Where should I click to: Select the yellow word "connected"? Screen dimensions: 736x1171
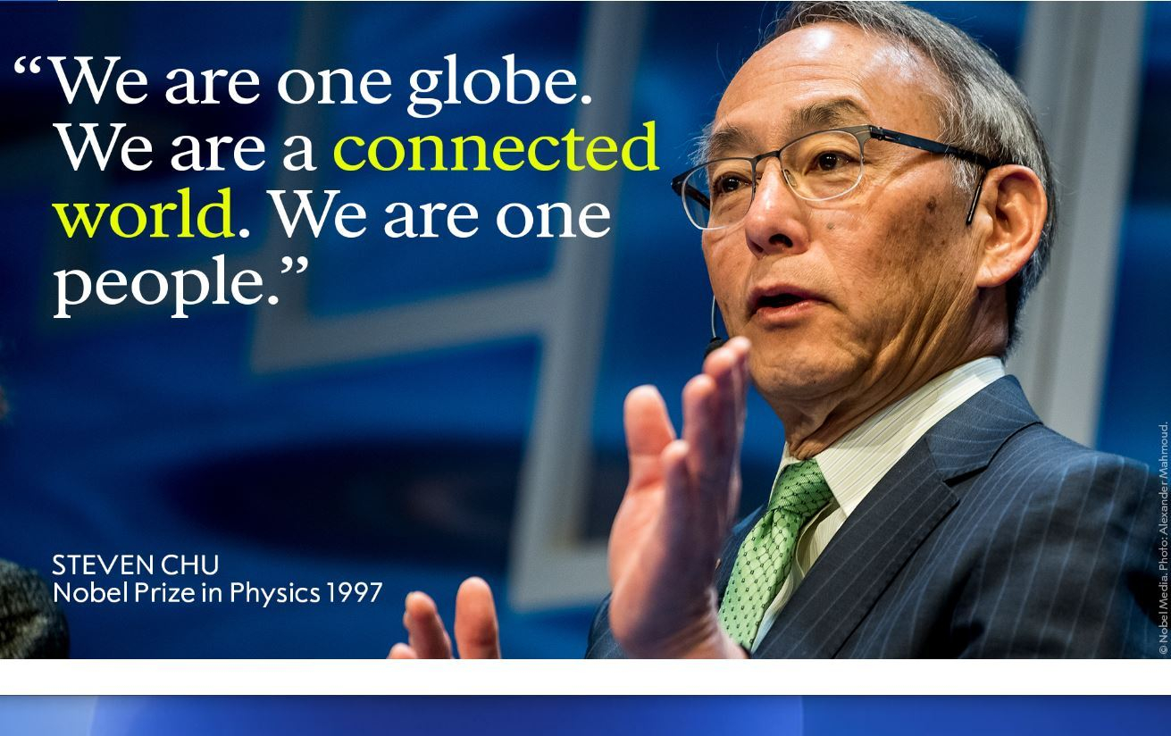(496, 150)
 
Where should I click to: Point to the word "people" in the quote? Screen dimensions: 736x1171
(161, 283)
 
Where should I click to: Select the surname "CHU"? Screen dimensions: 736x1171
(189, 565)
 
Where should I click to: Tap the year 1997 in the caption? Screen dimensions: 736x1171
(353, 593)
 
